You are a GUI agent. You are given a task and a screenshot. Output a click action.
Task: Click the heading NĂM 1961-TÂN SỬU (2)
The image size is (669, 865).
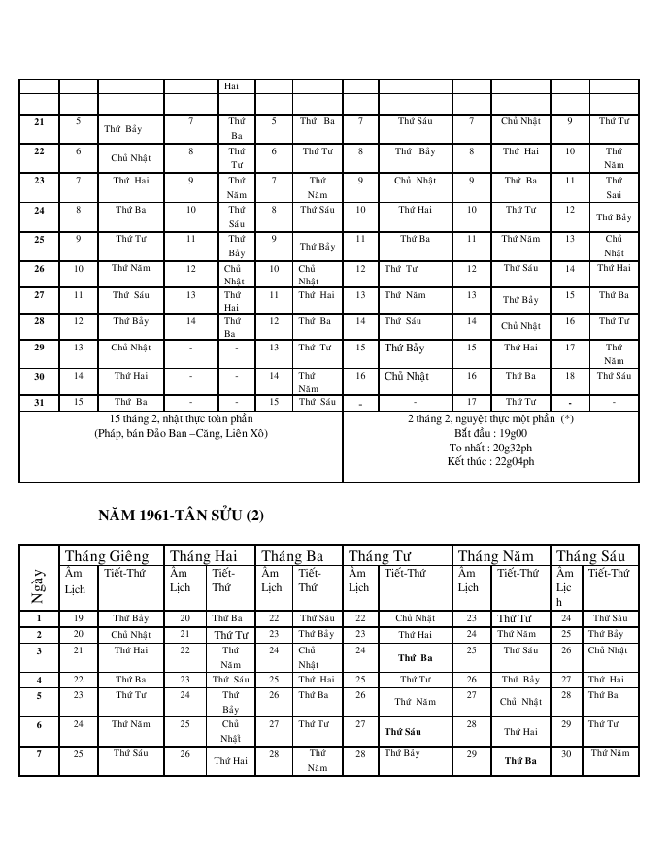181,515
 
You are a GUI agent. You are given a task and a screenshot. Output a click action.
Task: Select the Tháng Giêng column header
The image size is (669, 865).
107,556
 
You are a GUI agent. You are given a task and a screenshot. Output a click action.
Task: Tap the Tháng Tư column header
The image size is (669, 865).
383,556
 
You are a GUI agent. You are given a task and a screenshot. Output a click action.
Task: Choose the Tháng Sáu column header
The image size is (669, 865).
593,556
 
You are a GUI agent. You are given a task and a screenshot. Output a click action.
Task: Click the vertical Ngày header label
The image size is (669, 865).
39,585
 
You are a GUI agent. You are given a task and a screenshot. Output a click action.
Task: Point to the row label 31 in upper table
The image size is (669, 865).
39,401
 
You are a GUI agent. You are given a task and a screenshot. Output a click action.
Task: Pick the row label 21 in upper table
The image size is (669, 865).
39,122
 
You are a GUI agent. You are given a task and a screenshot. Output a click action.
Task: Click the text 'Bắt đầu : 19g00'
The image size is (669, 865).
490,433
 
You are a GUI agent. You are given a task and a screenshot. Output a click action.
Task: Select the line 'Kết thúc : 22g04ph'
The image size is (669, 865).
490,461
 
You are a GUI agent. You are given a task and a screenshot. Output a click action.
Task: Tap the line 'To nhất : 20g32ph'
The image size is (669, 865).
490,448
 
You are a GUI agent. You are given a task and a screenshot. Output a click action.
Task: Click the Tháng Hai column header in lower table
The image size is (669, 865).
204,556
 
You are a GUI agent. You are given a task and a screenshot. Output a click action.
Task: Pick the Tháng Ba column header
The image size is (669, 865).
294,556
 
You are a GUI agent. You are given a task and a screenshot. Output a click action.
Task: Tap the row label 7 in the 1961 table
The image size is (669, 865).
39,754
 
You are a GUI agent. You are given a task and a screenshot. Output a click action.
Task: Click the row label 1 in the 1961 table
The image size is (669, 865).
39,617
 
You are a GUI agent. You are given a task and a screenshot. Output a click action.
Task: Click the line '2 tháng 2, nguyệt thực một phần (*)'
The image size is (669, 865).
490,418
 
